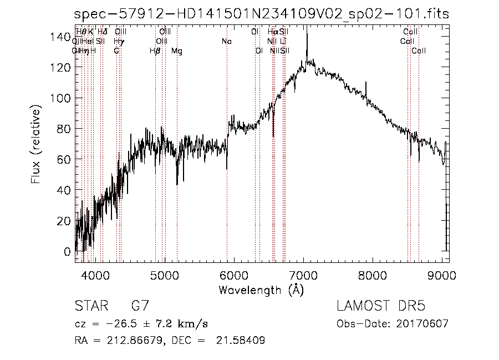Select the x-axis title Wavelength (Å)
coord(261,290)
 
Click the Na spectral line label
coord(226,41)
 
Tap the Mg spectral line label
coord(176,51)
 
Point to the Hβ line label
coord(155,51)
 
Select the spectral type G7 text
coord(139,307)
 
